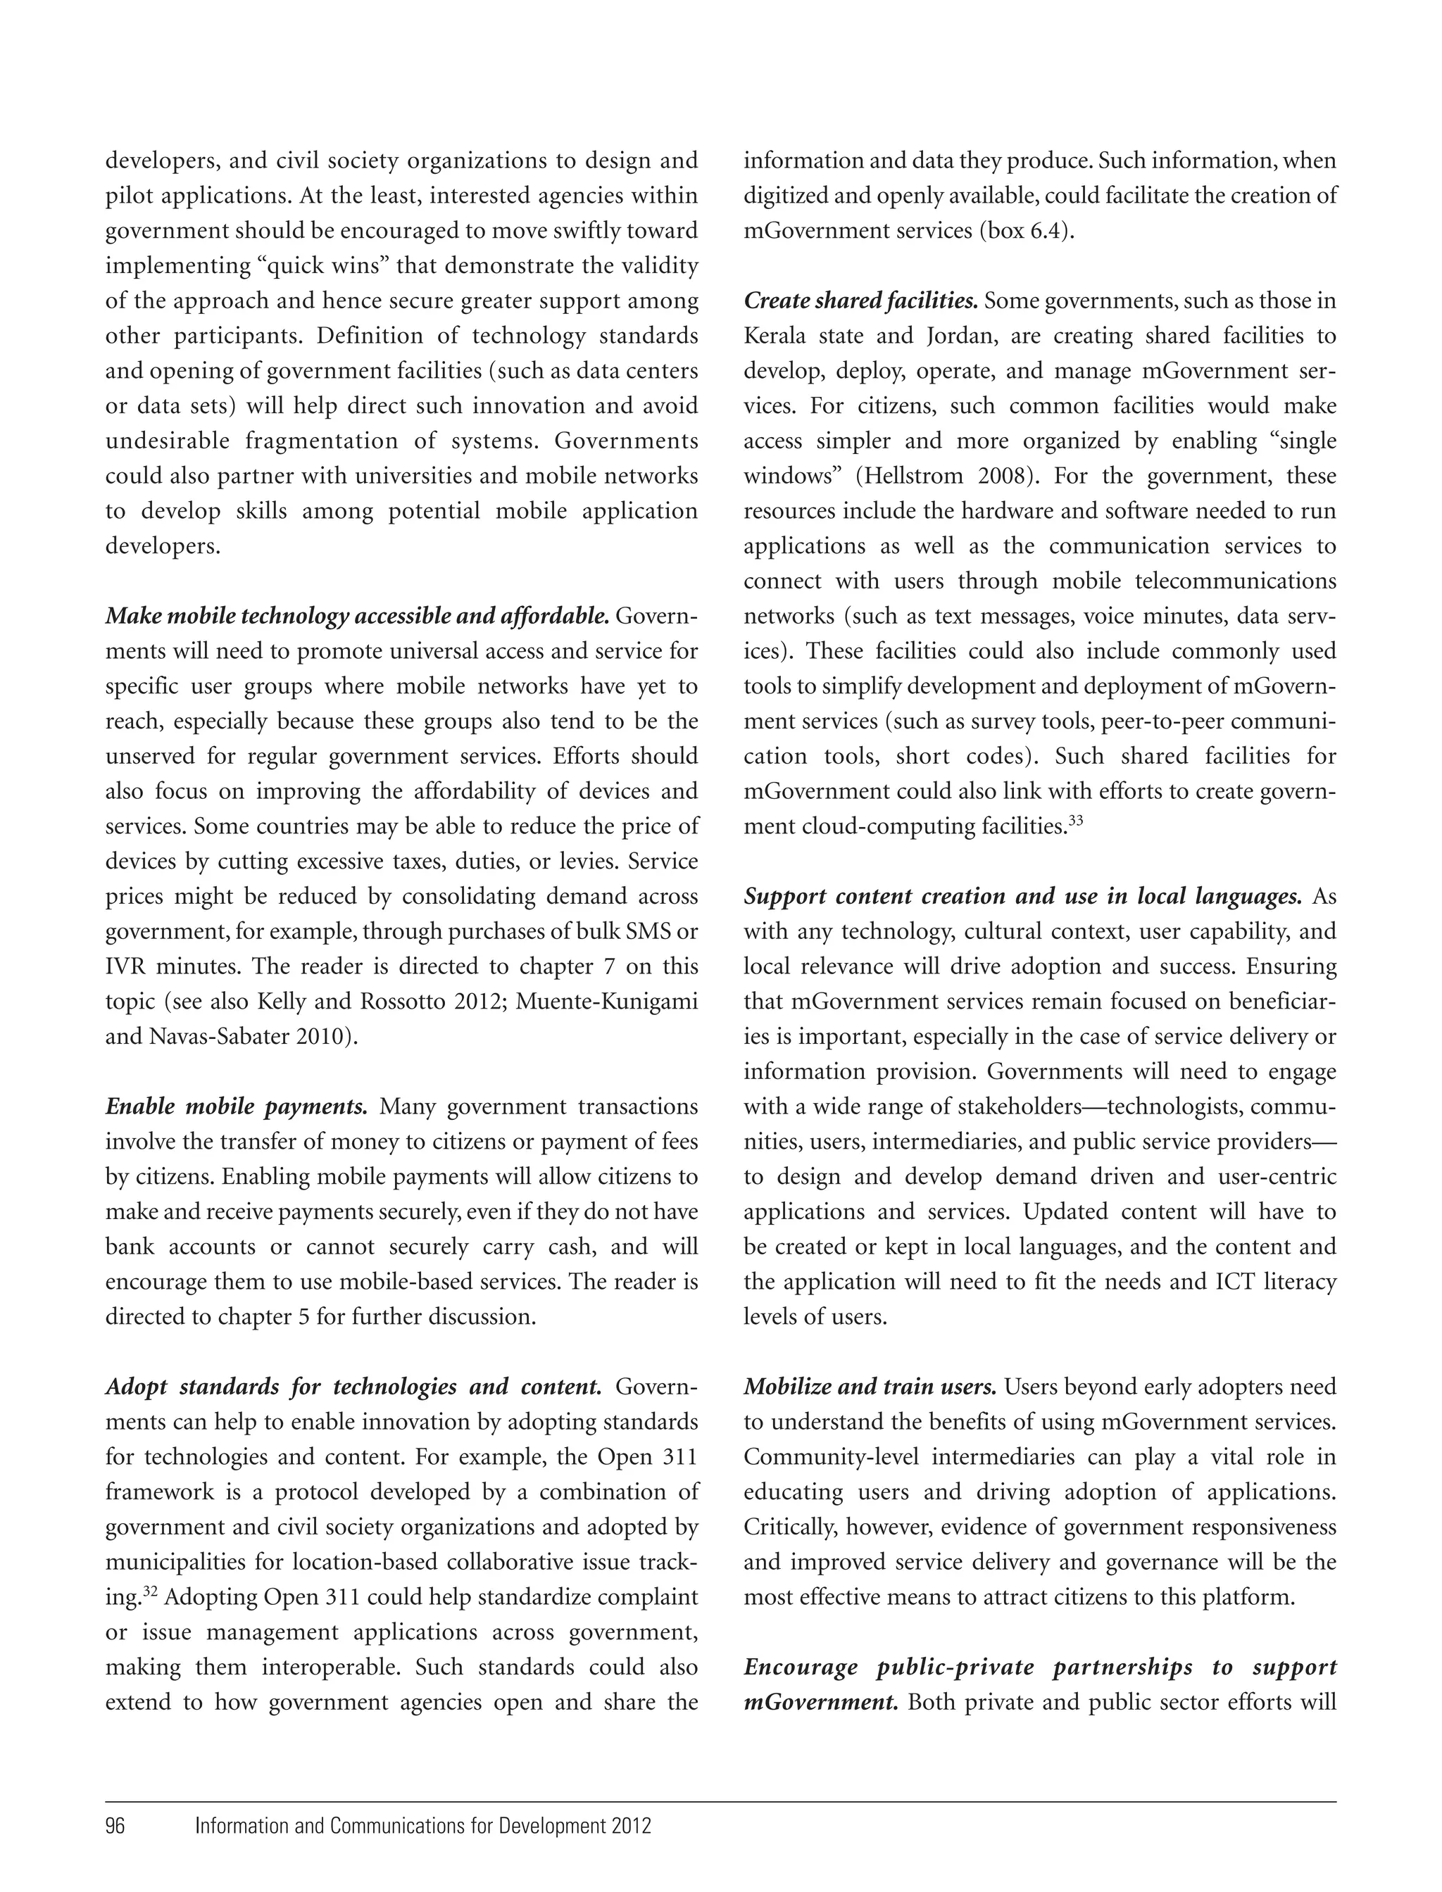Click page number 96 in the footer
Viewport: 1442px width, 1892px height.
click(115, 1825)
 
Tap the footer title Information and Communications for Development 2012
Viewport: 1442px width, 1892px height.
click(423, 1825)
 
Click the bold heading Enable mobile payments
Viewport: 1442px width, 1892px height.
click(236, 1107)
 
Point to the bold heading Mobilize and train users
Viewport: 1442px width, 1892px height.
click(870, 1387)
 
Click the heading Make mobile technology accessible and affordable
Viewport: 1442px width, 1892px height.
click(357, 616)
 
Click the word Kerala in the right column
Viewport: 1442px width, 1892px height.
click(775, 336)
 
